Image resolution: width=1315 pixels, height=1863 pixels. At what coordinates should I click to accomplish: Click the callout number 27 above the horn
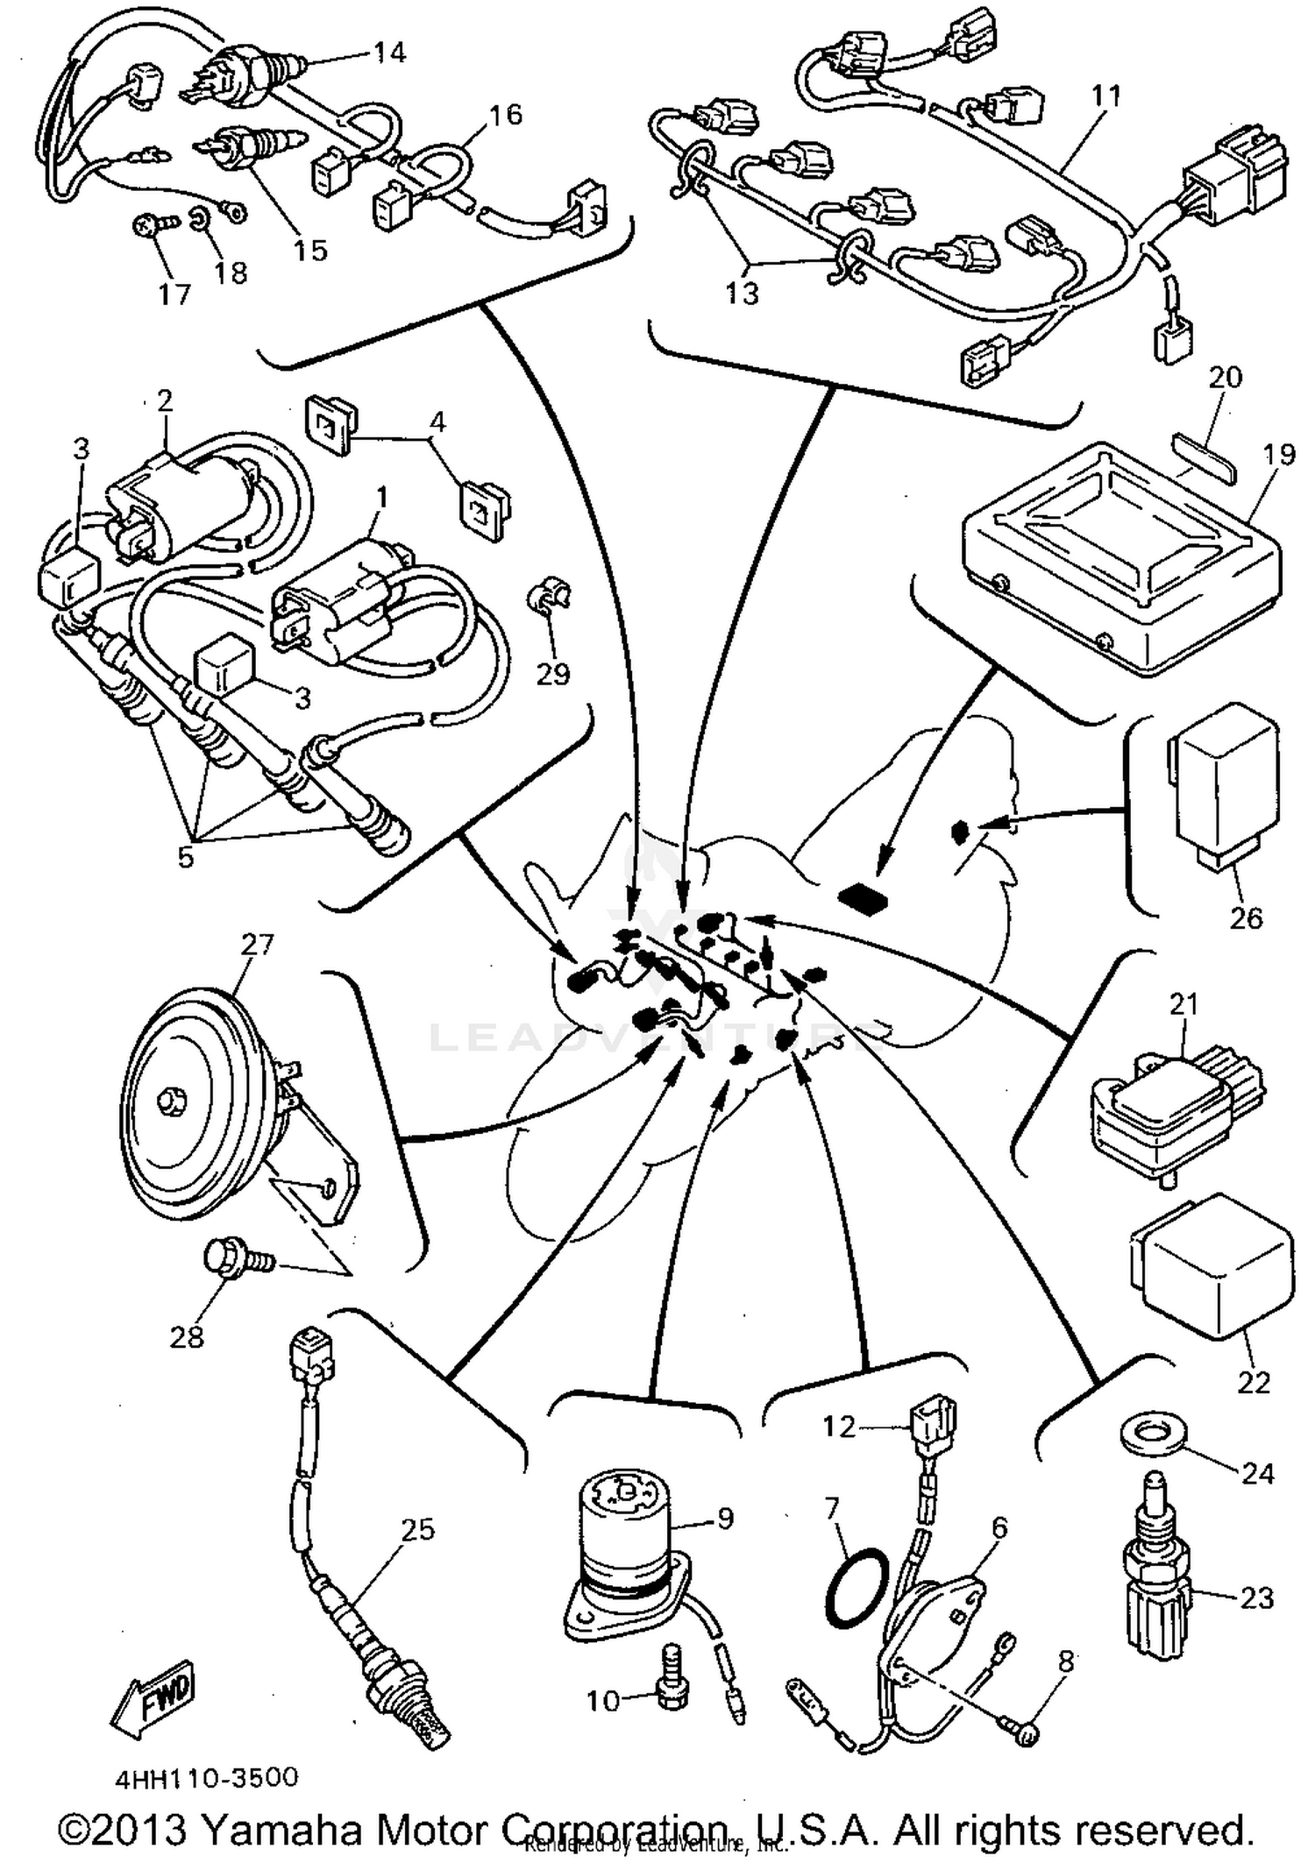click(x=258, y=945)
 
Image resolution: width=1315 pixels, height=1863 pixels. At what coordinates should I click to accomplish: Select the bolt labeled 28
click(x=230, y=1259)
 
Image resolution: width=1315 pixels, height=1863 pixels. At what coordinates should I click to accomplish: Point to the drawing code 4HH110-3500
click(x=207, y=1778)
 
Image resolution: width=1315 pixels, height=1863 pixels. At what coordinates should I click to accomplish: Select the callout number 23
click(x=1255, y=1597)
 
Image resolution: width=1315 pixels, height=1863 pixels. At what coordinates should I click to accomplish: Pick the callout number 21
click(x=1183, y=1004)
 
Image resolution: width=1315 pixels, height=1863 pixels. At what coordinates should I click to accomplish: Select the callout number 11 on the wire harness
click(x=1106, y=95)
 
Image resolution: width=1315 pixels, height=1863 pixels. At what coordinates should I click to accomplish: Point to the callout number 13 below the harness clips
click(x=742, y=293)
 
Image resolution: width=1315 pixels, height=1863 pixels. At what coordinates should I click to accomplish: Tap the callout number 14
click(x=389, y=53)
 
